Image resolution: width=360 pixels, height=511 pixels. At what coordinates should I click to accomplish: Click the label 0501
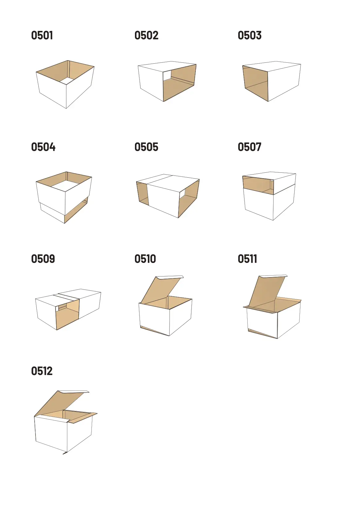(x=42, y=36)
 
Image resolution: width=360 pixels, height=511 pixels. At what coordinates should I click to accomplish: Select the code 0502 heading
(x=146, y=36)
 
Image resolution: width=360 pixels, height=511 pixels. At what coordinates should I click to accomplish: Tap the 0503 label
(x=249, y=36)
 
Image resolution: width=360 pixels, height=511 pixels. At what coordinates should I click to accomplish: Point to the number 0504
(x=43, y=147)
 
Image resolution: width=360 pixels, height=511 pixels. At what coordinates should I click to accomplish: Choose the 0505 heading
(x=146, y=147)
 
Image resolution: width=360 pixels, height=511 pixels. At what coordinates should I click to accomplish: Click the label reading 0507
(x=249, y=147)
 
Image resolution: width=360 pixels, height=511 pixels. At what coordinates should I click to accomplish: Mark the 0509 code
(x=43, y=259)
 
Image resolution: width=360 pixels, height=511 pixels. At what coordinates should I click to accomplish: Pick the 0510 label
(x=145, y=259)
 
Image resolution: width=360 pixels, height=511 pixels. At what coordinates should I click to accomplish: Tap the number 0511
(x=247, y=259)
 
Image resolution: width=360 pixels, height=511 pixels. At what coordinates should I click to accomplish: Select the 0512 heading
(x=42, y=371)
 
